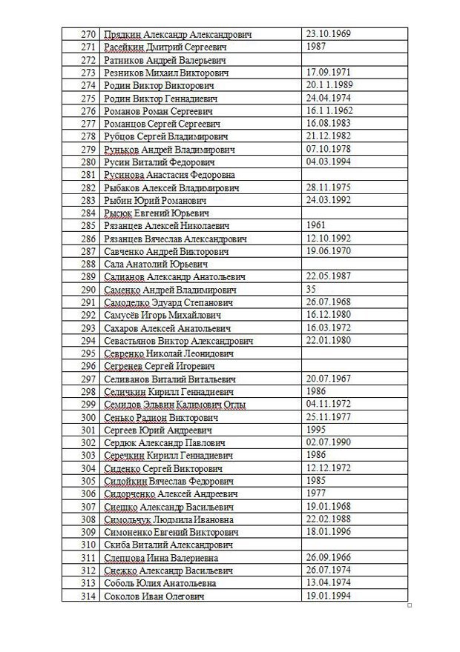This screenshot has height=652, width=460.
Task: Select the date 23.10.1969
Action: (x=329, y=34)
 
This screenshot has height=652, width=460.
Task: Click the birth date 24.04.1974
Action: (x=329, y=98)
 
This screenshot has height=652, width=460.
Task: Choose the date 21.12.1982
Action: (x=329, y=136)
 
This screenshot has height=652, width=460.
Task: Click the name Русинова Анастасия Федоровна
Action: (x=170, y=175)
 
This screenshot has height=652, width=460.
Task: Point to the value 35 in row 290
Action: (x=311, y=289)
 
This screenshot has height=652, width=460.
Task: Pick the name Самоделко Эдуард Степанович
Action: (x=169, y=302)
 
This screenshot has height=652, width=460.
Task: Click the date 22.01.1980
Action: (x=329, y=340)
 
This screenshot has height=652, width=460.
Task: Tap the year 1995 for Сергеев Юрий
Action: (x=316, y=430)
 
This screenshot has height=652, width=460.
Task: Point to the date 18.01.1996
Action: (x=329, y=532)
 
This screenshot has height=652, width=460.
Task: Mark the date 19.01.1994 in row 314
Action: (x=329, y=596)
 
